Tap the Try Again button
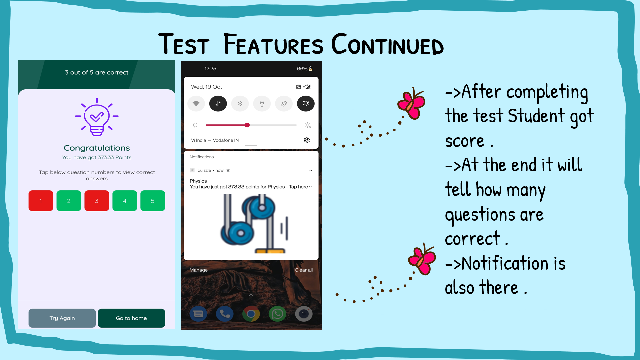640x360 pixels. pos(62,318)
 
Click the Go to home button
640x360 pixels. pos(131,318)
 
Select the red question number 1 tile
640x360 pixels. pos(41,201)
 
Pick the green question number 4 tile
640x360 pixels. pos(125,201)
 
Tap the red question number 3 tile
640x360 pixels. pos(97,201)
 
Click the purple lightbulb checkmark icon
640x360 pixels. pos(97,117)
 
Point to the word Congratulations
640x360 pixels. pos(97,148)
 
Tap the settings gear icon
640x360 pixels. pos(307,140)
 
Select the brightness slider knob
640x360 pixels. pos(247,125)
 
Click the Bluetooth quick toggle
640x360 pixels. pos(240,104)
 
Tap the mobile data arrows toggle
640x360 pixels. pos(218,104)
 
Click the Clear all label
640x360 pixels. pos(303,270)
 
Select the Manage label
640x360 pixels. pos(199,270)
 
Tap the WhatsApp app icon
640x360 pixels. pos(277,314)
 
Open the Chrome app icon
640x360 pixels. pos(251,314)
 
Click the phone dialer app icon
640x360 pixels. pos(225,314)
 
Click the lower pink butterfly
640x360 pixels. pos(422,259)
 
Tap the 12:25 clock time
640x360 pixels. pos(210,69)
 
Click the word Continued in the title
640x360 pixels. pos(387,45)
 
